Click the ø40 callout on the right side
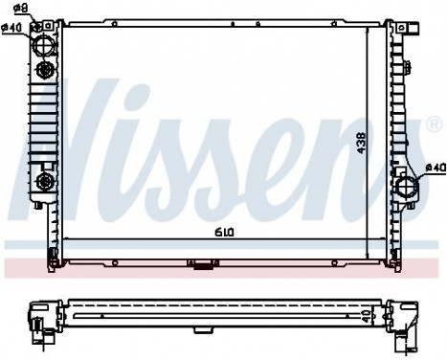[x=435, y=169]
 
